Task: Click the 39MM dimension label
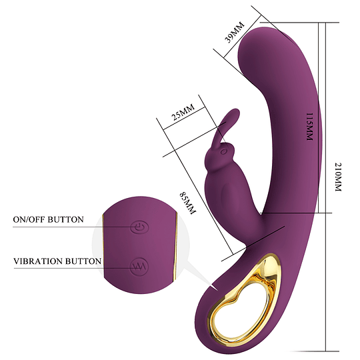[235, 32]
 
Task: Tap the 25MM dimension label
[183, 112]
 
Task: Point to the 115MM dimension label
[310, 127]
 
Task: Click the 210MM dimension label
[338, 177]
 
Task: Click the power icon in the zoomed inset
[139, 228]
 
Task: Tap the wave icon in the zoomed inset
[139, 266]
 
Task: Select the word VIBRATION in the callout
[38, 261]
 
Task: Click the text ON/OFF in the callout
[29, 219]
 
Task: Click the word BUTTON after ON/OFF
[65, 219]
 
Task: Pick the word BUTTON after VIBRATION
[83, 261]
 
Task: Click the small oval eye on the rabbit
[223, 151]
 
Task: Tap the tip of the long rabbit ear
[237, 111]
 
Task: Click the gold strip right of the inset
[175, 247]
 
